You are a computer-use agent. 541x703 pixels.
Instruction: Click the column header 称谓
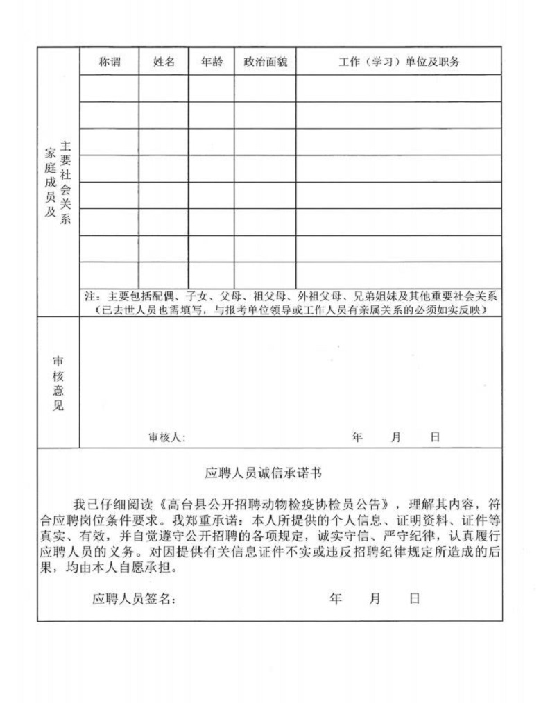click(x=110, y=62)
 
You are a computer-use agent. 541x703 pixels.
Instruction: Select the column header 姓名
click(x=164, y=62)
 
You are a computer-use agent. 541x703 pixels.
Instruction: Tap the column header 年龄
click(x=212, y=62)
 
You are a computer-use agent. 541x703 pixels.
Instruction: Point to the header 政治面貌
click(x=265, y=62)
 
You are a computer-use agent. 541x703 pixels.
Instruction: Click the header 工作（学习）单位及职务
click(x=399, y=62)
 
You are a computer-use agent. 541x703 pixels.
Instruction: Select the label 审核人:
click(x=167, y=437)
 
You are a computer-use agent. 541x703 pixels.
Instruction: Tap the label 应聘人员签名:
click(x=134, y=599)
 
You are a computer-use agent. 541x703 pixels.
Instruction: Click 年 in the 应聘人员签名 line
click(x=336, y=598)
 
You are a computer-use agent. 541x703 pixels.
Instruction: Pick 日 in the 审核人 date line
click(x=435, y=437)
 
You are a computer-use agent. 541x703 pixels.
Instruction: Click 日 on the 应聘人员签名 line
click(x=414, y=598)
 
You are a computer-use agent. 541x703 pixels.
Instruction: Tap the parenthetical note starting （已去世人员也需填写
click(x=295, y=310)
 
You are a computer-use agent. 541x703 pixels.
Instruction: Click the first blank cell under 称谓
click(x=110, y=88)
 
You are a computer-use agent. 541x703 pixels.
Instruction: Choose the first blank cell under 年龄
click(x=212, y=88)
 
